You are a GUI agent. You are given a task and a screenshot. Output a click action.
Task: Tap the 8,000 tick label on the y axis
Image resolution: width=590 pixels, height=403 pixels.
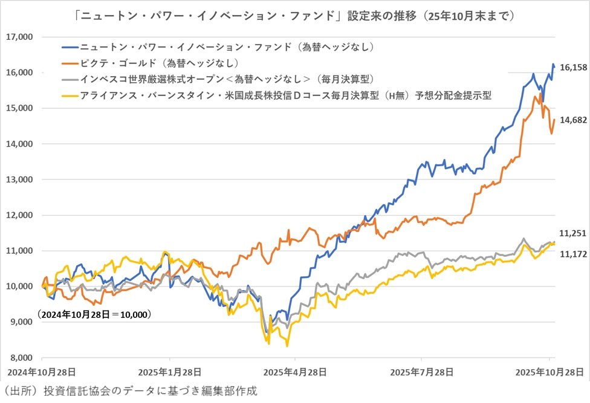tap(22, 358)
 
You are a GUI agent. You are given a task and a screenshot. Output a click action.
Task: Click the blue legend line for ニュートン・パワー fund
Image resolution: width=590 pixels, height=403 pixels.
tap(70, 47)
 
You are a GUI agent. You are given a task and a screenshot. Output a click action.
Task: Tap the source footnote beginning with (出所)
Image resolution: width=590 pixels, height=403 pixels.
tap(130, 391)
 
